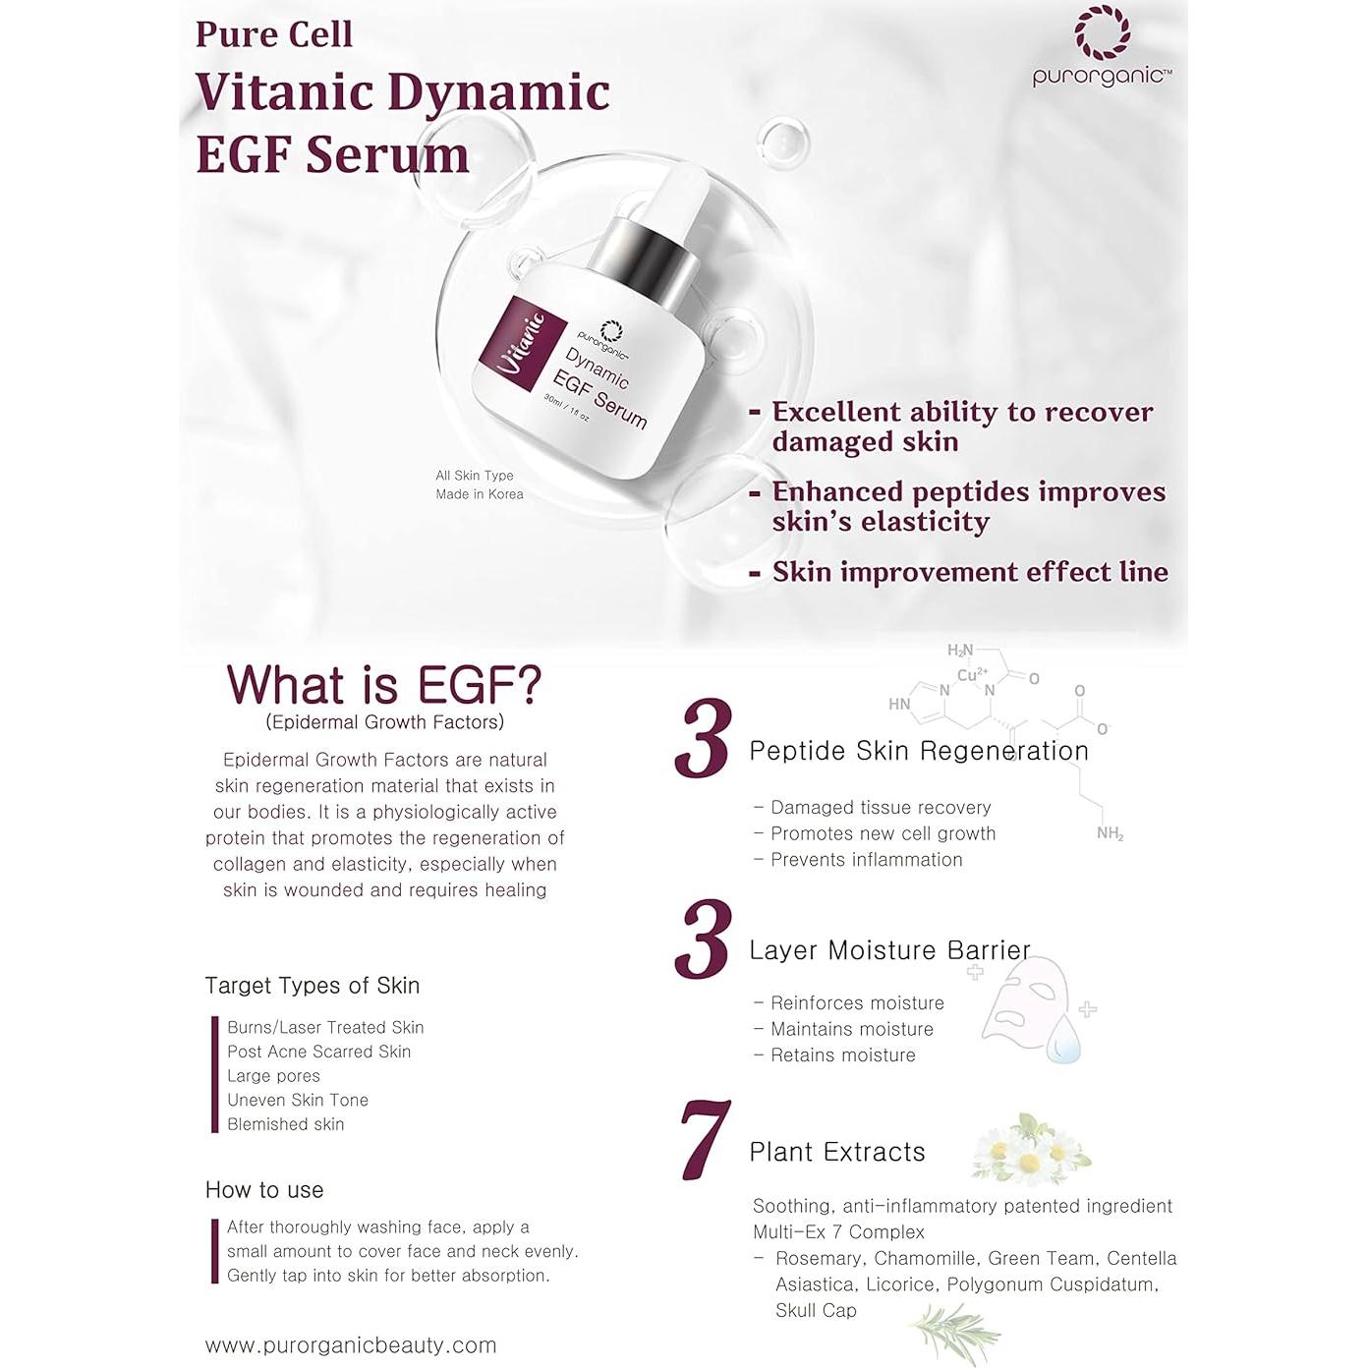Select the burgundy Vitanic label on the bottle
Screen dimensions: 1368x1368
[521, 344]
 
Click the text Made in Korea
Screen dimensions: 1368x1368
[480, 494]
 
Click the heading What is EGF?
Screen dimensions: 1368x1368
[384, 685]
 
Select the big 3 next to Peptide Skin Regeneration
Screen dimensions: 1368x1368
[704, 739]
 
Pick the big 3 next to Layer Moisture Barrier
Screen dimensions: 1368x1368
[704, 940]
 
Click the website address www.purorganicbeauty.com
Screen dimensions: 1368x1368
[351, 1345]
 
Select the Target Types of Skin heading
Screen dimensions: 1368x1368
[313, 986]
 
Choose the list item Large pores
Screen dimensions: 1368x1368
[273, 1076]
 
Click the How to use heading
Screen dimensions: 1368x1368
[264, 1190]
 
